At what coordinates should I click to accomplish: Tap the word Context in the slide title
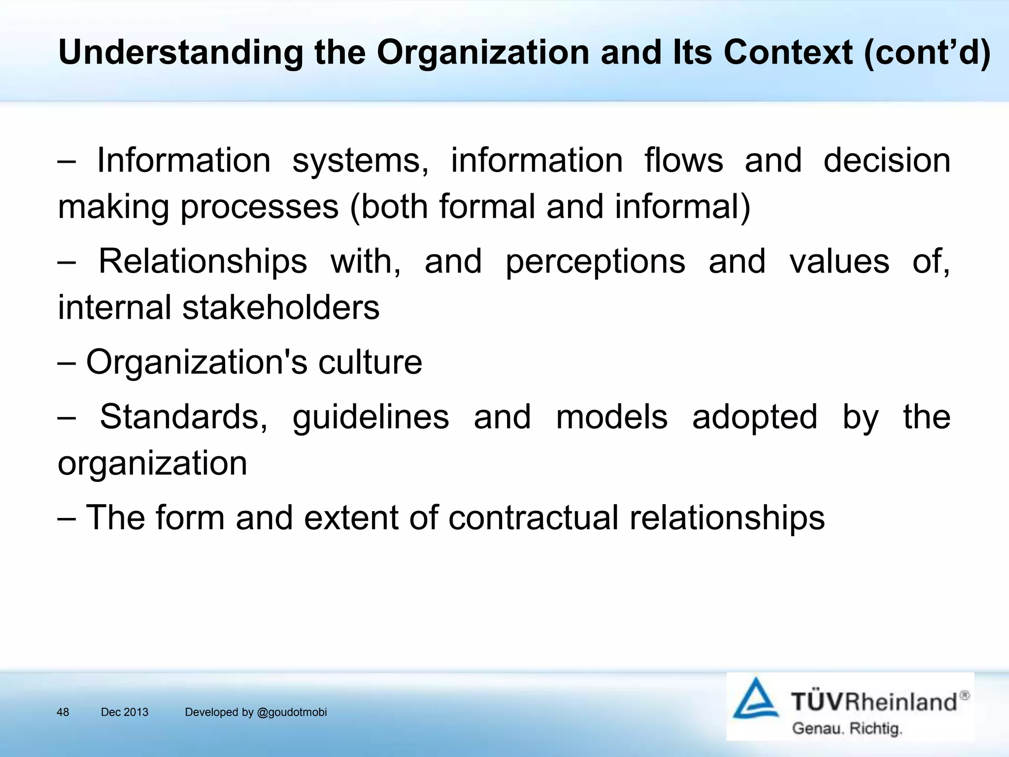pyautogui.click(x=788, y=52)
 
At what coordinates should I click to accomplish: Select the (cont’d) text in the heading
pyautogui.click(x=927, y=52)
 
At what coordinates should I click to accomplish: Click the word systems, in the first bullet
pyautogui.click(x=361, y=161)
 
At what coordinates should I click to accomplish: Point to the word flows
pyautogui.click(x=684, y=161)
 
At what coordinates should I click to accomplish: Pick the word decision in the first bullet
pyautogui.click(x=887, y=161)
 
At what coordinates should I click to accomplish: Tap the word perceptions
pyautogui.click(x=595, y=261)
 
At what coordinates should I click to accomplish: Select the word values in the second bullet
pyautogui.click(x=839, y=261)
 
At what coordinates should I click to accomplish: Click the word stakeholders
pyautogui.click(x=281, y=308)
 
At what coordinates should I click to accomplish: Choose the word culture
pyautogui.click(x=370, y=362)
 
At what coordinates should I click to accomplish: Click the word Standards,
pyautogui.click(x=184, y=417)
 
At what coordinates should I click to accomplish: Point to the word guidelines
pyautogui.click(x=370, y=417)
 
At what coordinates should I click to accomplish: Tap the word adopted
pyautogui.click(x=754, y=417)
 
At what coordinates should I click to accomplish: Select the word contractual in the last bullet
pyautogui.click(x=533, y=517)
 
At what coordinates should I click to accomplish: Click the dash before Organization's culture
pyautogui.click(x=67, y=362)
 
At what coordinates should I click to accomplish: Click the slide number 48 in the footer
pyautogui.click(x=63, y=712)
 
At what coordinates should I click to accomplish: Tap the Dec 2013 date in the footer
pyautogui.click(x=125, y=712)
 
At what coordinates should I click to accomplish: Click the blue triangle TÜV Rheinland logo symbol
pyautogui.click(x=755, y=699)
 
